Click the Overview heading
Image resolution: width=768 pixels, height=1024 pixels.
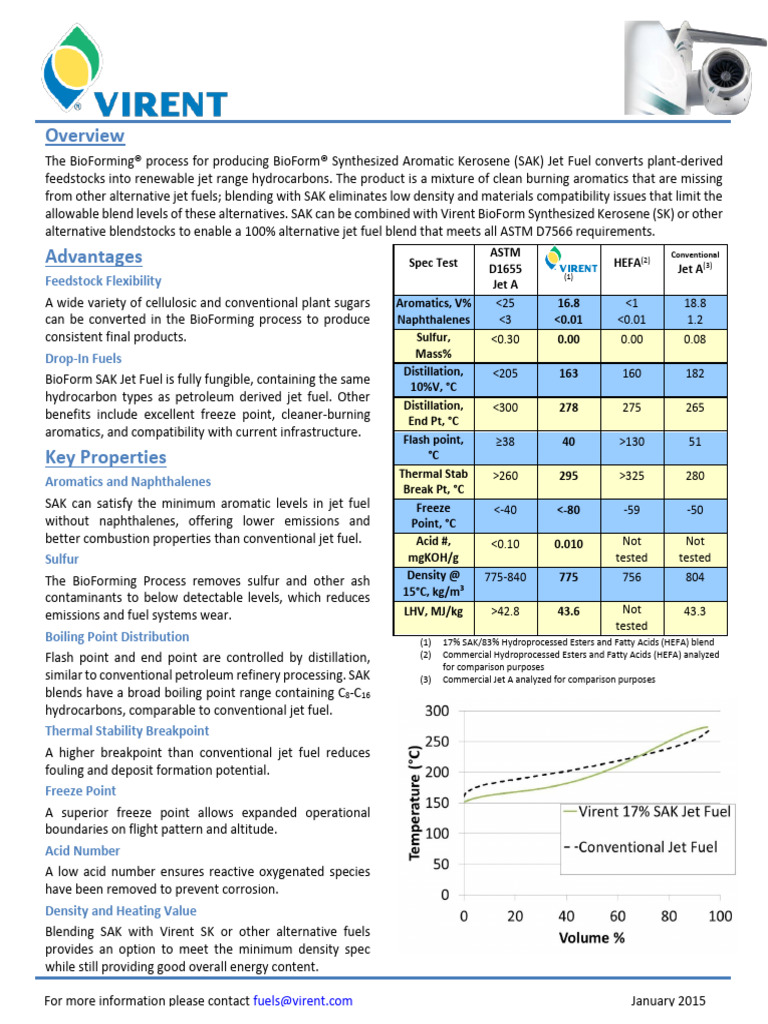tap(85, 135)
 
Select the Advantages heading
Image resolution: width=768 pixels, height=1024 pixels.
tap(93, 256)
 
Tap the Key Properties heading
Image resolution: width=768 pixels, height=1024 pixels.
tap(105, 457)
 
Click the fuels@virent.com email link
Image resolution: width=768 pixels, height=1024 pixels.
tap(302, 1000)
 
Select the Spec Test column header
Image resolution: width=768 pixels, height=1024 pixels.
tap(433, 263)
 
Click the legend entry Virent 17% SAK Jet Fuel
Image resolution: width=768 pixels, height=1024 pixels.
tap(636, 812)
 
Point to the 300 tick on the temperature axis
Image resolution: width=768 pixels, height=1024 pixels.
tap(438, 711)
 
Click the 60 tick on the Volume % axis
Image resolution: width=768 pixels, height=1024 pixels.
tap(617, 915)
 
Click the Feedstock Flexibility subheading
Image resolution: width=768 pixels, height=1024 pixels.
tap(103, 281)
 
